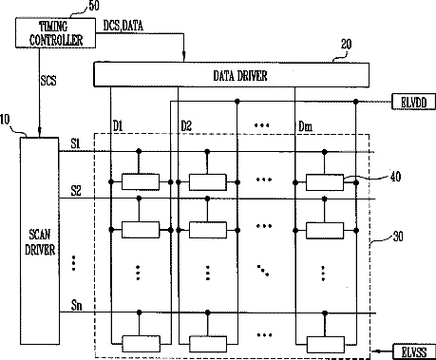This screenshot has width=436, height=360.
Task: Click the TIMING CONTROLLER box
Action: (x=55, y=33)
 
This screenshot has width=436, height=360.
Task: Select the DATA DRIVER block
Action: (x=231, y=75)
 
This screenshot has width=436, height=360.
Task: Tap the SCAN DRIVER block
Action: (x=40, y=241)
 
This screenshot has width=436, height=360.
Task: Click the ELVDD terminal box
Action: (x=413, y=102)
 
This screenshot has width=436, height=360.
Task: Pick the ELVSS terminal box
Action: (x=414, y=351)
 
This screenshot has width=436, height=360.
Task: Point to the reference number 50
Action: (x=94, y=6)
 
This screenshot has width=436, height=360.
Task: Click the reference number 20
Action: (x=346, y=45)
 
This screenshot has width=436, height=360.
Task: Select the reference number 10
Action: (x=5, y=120)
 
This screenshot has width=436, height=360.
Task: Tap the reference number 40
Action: (x=395, y=177)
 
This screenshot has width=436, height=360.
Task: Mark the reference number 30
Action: (x=398, y=237)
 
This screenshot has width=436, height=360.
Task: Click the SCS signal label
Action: (x=48, y=81)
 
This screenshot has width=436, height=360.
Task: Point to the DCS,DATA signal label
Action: (x=123, y=26)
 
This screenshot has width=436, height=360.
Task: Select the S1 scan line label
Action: (x=75, y=144)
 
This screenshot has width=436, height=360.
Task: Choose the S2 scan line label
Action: (x=76, y=191)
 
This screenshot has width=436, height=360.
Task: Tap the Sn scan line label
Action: (x=77, y=306)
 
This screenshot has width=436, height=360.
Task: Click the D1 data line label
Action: (x=118, y=126)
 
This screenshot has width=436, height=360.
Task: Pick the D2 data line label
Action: (x=186, y=126)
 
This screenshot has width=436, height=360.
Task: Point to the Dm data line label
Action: (x=306, y=126)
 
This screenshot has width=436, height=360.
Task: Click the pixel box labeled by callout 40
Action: (x=325, y=182)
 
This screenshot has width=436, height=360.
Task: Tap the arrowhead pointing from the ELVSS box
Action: (x=376, y=351)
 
